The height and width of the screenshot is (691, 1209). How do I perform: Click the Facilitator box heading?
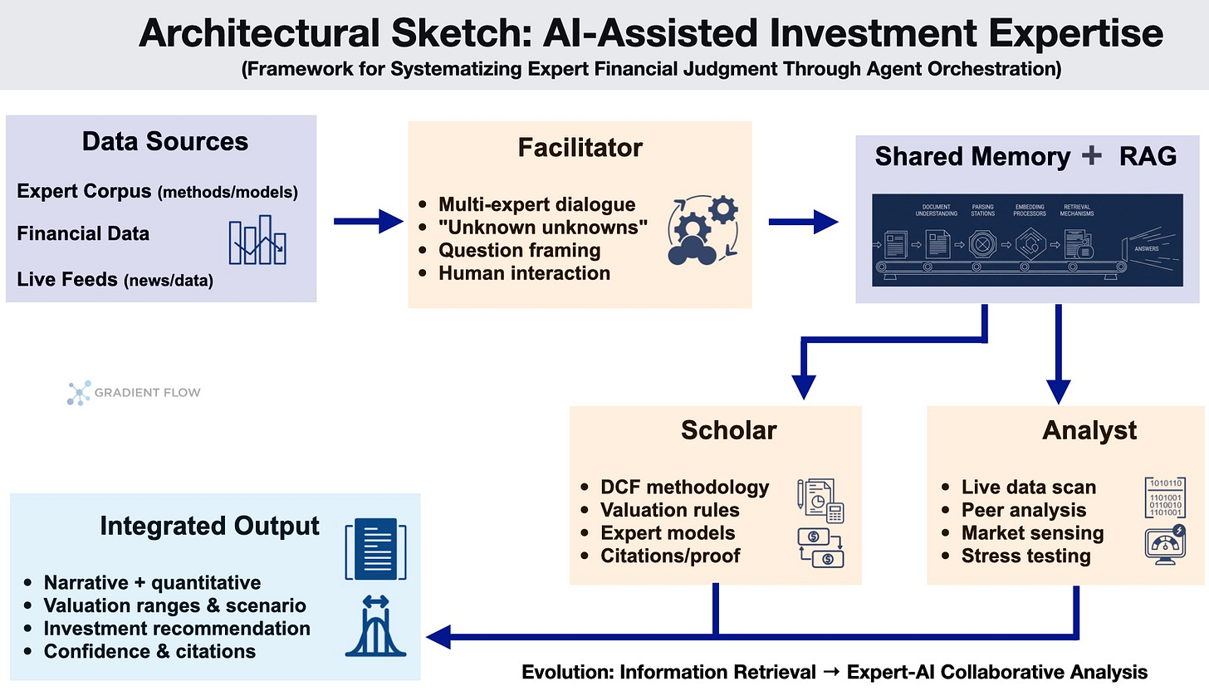(x=580, y=148)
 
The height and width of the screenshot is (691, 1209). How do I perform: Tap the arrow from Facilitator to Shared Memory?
(x=802, y=221)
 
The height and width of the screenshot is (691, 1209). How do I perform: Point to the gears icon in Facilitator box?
(x=702, y=230)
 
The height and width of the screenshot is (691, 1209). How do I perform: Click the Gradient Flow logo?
(x=134, y=392)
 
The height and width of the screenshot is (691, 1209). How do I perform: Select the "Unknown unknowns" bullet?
(x=543, y=227)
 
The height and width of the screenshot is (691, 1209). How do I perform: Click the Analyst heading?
(x=1089, y=429)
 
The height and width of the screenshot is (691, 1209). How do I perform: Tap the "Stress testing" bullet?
(x=1025, y=556)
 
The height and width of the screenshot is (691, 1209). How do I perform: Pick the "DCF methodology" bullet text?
(x=685, y=488)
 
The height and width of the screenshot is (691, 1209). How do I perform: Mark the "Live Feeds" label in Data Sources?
(x=67, y=279)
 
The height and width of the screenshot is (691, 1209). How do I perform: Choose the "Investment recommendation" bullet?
(x=177, y=629)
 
